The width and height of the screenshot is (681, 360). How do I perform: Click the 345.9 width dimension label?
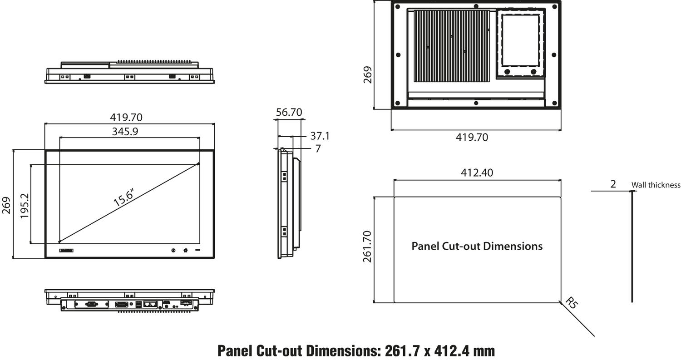tap(125, 132)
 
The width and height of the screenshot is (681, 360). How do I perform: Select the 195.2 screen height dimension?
tap(25, 206)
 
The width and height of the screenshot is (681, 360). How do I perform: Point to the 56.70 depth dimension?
tap(289, 112)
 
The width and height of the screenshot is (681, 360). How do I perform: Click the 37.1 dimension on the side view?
tap(320, 136)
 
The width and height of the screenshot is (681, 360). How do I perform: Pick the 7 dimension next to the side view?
tap(318, 149)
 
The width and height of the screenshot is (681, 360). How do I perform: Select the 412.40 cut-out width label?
tap(477, 173)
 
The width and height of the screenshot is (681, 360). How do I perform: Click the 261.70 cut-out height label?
tap(367, 247)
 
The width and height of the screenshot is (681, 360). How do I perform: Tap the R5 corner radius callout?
tap(571, 303)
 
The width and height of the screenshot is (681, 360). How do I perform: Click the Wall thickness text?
tap(656, 185)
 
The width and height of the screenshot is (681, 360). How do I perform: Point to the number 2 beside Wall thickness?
tap(613, 184)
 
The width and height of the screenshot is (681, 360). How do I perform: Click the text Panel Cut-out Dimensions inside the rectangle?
tap(477, 246)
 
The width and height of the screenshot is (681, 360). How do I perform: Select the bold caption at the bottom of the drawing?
tap(356, 351)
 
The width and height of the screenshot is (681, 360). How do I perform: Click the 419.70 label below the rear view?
tap(472, 137)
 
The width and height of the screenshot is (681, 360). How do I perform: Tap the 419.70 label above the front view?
tap(126, 117)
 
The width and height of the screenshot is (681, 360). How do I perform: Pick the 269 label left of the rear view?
tap(367, 75)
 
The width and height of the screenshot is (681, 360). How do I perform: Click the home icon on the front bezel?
tap(186, 250)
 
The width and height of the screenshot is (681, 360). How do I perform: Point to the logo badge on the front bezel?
tap(66, 250)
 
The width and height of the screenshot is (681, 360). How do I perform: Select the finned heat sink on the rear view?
tap(451, 46)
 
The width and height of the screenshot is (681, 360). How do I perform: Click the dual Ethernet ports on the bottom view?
tap(150, 303)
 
